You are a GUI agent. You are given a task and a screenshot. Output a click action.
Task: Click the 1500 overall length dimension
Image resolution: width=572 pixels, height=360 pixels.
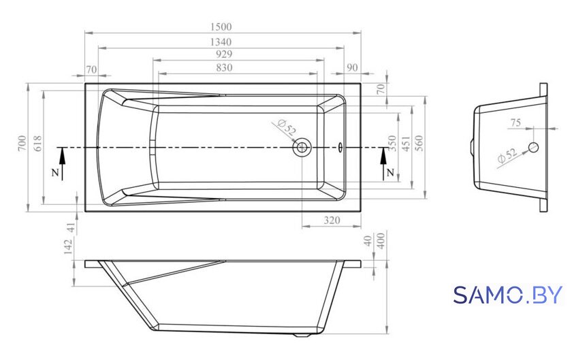click(x=221, y=27)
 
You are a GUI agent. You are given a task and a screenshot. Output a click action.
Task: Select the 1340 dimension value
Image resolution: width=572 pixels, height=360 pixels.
click(x=221, y=42)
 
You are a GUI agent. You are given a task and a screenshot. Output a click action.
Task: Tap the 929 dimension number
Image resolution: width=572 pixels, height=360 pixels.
click(x=224, y=54)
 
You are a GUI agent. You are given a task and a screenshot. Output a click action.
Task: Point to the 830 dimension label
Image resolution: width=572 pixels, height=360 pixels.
click(x=224, y=67)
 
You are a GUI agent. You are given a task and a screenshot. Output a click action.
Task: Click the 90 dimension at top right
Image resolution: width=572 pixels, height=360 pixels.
click(x=352, y=68)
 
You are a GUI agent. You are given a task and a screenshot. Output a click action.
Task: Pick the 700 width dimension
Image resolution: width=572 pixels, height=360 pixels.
click(x=22, y=144)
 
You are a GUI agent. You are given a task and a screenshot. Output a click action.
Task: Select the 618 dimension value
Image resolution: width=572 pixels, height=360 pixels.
click(x=38, y=144)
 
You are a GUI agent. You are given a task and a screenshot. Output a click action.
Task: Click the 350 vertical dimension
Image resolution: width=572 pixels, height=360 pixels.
click(x=392, y=144)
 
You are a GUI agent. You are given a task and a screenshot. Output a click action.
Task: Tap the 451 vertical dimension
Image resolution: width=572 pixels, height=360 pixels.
click(x=406, y=144)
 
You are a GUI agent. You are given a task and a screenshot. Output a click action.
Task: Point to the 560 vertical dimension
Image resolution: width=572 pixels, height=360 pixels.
click(x=419, y=144)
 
